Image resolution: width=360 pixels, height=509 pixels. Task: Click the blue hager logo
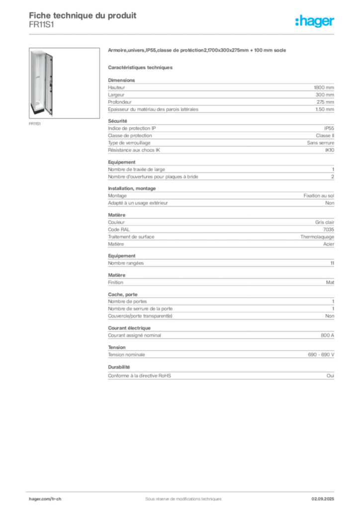pyautogui.click(x=315, y=22)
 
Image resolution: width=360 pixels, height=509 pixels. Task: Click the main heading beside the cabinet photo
pyautogui.click(x=198, y=51)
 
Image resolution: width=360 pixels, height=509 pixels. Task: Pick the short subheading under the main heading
pyautogui.click(x=141, y=67)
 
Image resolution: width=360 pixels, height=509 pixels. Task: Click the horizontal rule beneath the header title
pyautogui.click(x=182, y=34)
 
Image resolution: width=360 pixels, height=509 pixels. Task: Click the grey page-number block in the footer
pyautogui.click(x=326, y=495)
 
